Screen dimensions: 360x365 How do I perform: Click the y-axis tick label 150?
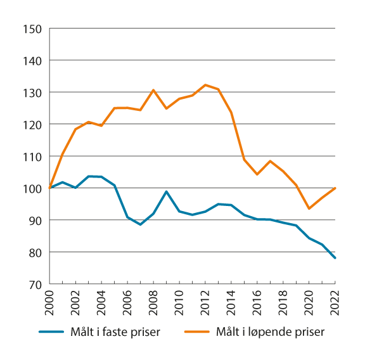coord(33,29)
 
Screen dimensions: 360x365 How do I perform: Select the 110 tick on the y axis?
coord(33,156)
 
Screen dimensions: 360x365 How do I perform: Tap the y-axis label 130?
coord(33,93)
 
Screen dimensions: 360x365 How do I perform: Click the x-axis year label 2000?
coord(50,303)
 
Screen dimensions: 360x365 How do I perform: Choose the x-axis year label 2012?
coord(205,303)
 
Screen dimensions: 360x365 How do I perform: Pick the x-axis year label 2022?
coord(335,303)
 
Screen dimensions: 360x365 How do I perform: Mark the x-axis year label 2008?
coord(153,303)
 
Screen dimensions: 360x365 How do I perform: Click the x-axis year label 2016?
coord(257,303)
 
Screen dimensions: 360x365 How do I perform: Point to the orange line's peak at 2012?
coord(205,85)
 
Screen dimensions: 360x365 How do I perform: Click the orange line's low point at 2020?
coord(309,209)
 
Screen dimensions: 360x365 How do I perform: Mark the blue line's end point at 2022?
coord(335,258)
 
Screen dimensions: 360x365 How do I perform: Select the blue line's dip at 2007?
coord(141,224)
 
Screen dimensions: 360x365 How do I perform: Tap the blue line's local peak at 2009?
coord(167,191)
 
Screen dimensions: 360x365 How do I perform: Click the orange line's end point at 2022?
coord(335,188)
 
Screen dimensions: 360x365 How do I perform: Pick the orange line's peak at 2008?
coord(153,90)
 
